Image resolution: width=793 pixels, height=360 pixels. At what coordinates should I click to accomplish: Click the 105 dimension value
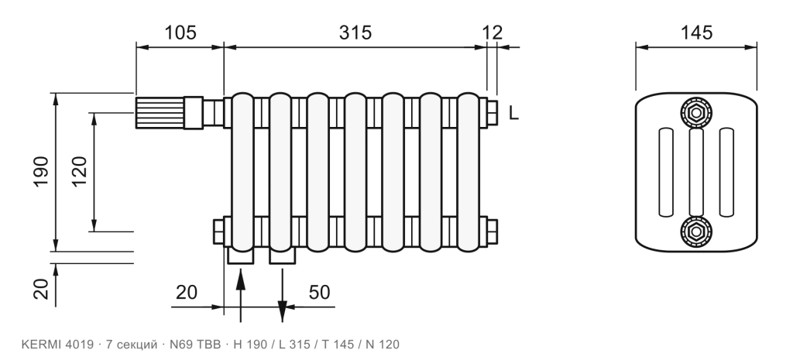(180, 33)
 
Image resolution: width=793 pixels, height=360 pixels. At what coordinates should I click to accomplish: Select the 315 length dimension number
(355, 33)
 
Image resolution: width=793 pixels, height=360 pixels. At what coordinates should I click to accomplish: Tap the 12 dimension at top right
(492, 33)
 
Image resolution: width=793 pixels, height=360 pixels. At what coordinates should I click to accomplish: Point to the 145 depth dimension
(696, 33)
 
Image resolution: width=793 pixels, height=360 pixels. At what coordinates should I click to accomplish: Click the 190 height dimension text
(41, 171)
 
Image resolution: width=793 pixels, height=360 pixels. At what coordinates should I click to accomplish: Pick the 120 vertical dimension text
(80, 172)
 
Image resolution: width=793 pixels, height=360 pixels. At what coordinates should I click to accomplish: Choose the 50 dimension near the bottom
(319, 292)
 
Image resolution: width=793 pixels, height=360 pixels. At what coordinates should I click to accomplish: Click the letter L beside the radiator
(513, 113)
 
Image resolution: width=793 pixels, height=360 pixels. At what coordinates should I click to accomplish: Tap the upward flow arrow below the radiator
(241, 296)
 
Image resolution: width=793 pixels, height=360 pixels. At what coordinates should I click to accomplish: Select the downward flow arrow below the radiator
(282, 296)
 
